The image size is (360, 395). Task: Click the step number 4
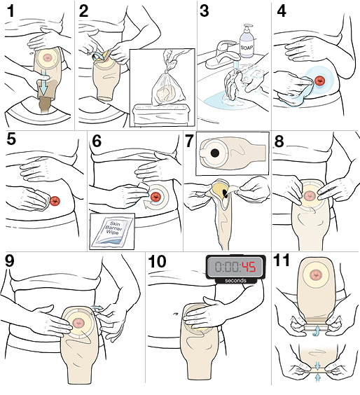(282, 11)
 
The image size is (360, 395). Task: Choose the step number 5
(12, 139)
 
